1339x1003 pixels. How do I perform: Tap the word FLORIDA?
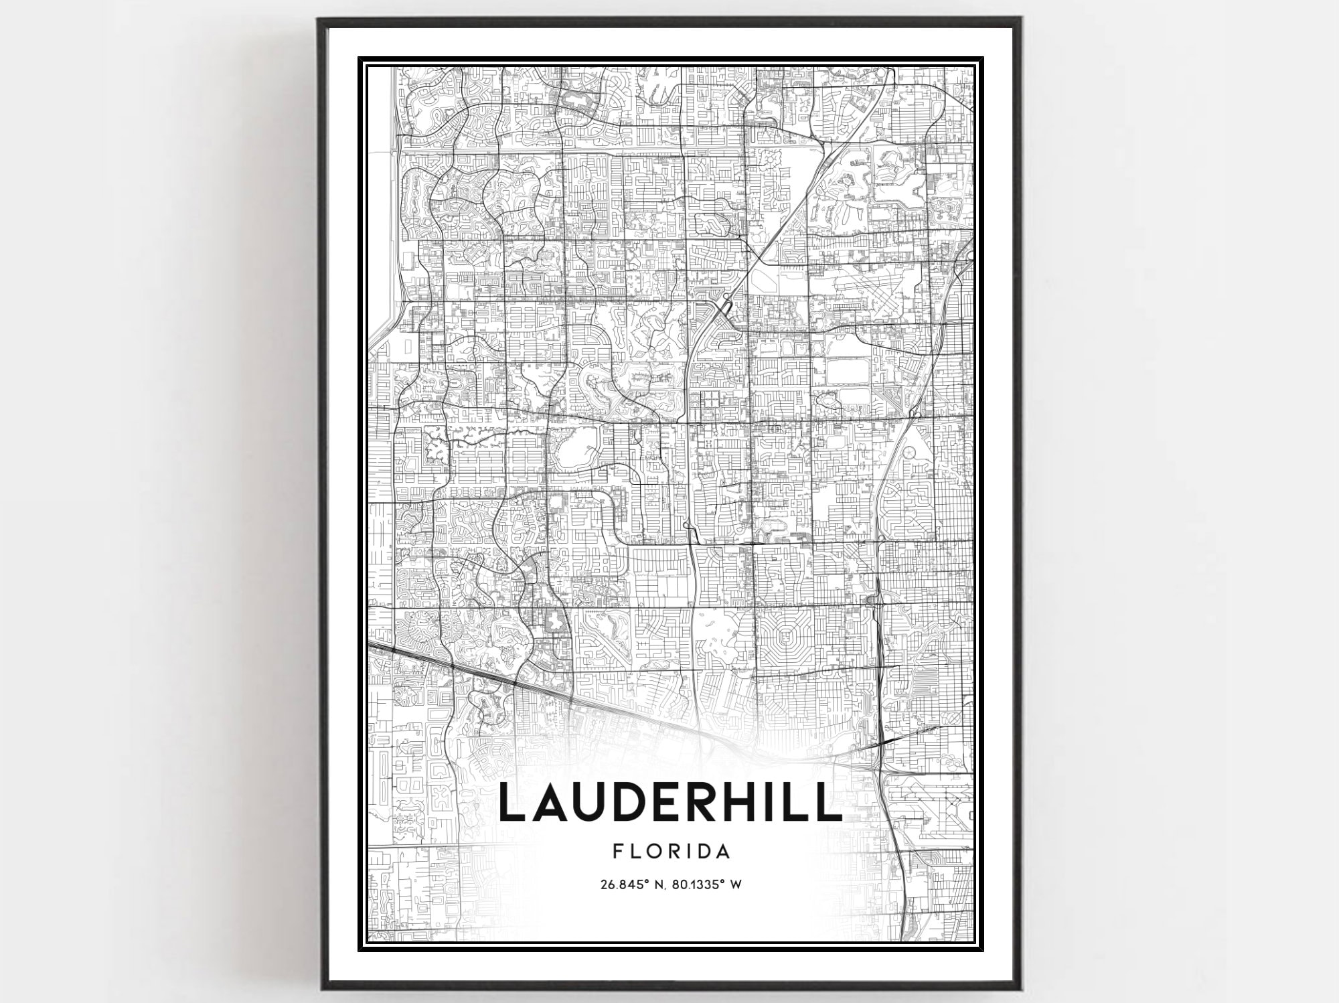point(671,852)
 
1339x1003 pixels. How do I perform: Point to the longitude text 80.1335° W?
point(710,884)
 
